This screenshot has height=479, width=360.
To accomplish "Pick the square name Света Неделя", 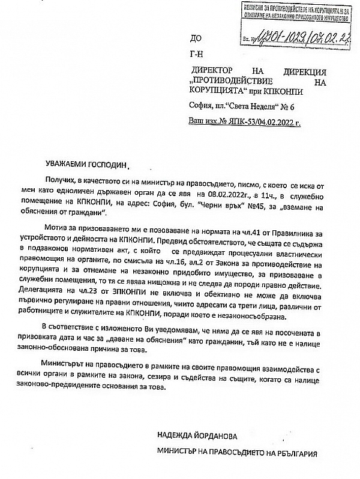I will tap(253, 107).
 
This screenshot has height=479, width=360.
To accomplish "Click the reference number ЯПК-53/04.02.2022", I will tap(259, 120).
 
